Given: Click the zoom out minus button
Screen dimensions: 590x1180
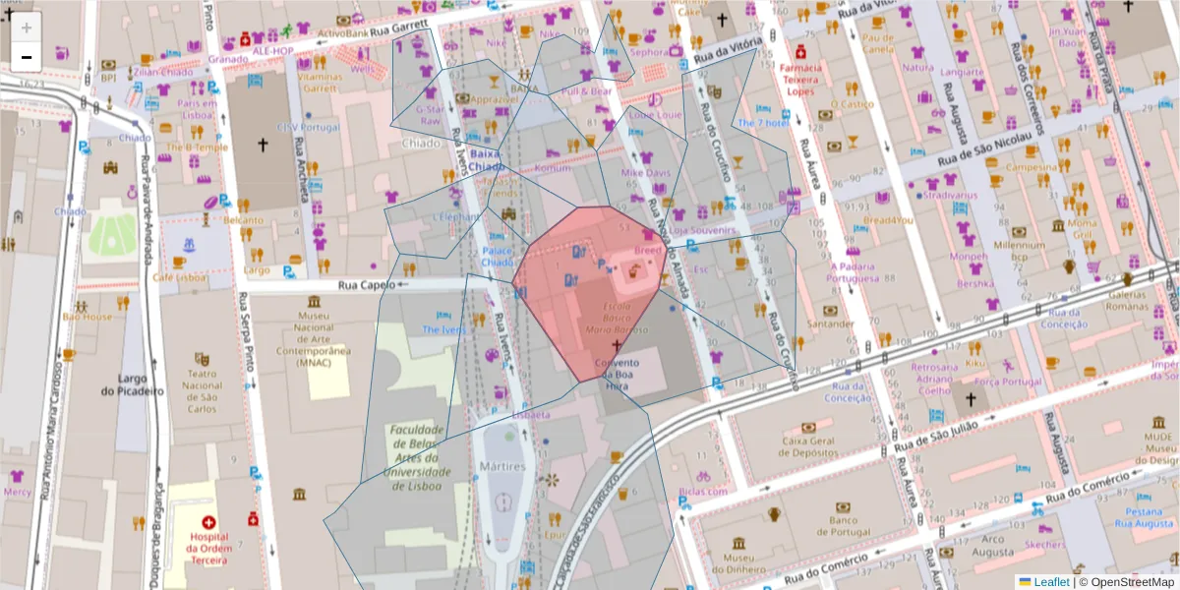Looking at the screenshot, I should (x=27, y=57).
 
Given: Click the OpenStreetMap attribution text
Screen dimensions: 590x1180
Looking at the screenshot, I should (x=1132, y=581).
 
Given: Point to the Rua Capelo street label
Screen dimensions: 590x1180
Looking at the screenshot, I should (x=367, y=285).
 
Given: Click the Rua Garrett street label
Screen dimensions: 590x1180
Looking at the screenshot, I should (x=398, y=27).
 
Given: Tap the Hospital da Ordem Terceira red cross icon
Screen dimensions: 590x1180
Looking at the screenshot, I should (x=208, y=523).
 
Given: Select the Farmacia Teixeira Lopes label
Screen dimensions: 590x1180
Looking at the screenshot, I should (x=799, y=79).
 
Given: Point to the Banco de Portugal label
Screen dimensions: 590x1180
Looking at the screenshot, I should (x=844, y=526).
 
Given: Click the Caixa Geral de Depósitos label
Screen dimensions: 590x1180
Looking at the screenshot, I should (x=809, y=446).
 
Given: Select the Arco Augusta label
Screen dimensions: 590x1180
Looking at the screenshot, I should (x=993, y=545).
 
